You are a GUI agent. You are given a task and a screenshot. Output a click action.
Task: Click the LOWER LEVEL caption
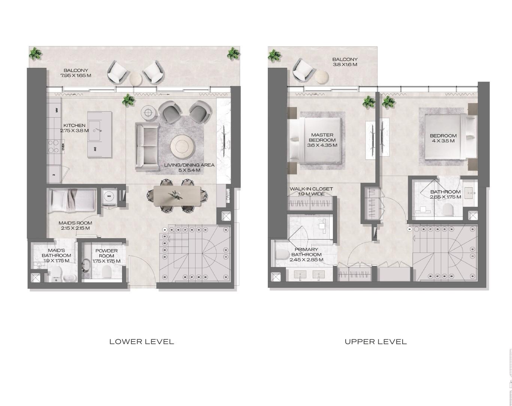(x=142, y=342)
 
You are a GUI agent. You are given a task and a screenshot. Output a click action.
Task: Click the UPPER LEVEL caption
(x=376, y=342)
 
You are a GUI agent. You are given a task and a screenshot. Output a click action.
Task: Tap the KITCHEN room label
(x=74, y=125)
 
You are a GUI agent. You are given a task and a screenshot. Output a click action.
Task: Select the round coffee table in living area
(x=182, y=146)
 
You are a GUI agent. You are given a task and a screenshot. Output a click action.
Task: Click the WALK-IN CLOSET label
(x=311, y=189)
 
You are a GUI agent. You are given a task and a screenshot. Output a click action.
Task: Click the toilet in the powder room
(x=107, y=272)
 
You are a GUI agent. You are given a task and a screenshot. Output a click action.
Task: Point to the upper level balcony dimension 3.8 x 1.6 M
(x=345, y=64)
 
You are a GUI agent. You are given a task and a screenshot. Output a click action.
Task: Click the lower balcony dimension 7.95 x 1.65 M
(x=76, y=75)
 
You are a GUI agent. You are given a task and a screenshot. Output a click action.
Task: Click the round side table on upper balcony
(x=322, y=77)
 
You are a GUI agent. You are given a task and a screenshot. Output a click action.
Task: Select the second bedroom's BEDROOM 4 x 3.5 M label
(x=443, y=138)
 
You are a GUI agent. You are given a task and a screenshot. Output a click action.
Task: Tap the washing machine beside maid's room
(x=109, y=196)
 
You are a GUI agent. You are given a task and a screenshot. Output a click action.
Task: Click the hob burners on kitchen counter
(x=53, y=146)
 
